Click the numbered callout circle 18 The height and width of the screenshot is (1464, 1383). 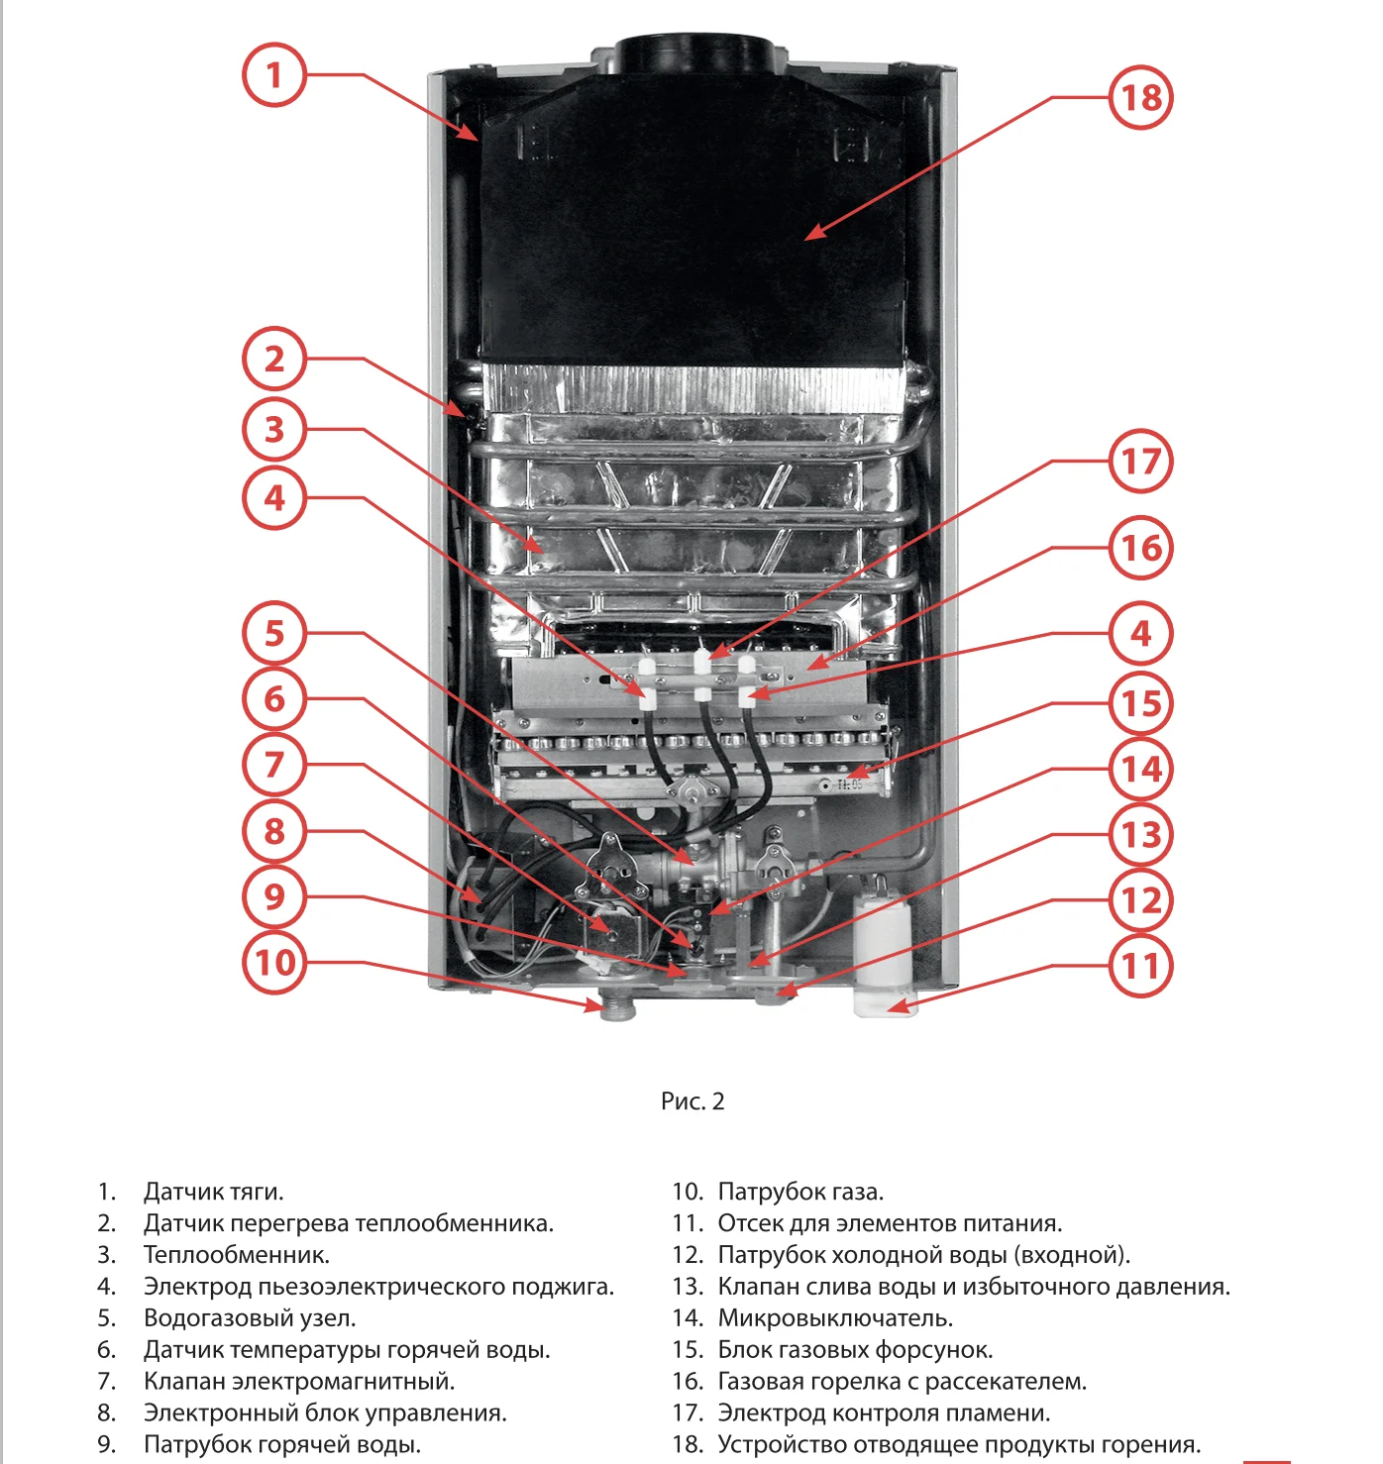[1140, 97]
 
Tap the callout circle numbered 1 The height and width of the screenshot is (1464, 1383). [274, 74]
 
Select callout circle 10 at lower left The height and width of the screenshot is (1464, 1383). [274, 962]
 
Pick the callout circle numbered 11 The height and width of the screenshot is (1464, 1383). [1140, 965]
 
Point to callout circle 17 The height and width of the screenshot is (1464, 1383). [1140, 461]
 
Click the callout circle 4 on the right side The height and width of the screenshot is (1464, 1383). [1140, 633]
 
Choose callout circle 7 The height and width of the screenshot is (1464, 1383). [274, 765]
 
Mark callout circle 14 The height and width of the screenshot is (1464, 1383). [1140, 769]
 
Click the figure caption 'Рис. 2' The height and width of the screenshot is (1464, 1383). [692, 1101]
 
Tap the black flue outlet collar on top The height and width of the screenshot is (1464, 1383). [691, 54]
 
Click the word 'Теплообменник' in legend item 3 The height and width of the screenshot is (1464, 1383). [236, 1255]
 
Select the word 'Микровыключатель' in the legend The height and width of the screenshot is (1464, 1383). [835, 1318]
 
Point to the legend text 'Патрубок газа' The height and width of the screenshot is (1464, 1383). [800, 1192]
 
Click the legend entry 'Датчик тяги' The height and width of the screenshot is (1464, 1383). [213, 1192]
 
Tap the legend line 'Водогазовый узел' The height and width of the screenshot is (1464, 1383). [250, 1318]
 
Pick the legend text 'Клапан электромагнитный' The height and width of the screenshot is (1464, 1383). [299, 1382]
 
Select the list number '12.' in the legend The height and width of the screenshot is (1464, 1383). [688, 1255]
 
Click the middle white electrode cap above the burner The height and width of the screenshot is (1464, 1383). [701, 660]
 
